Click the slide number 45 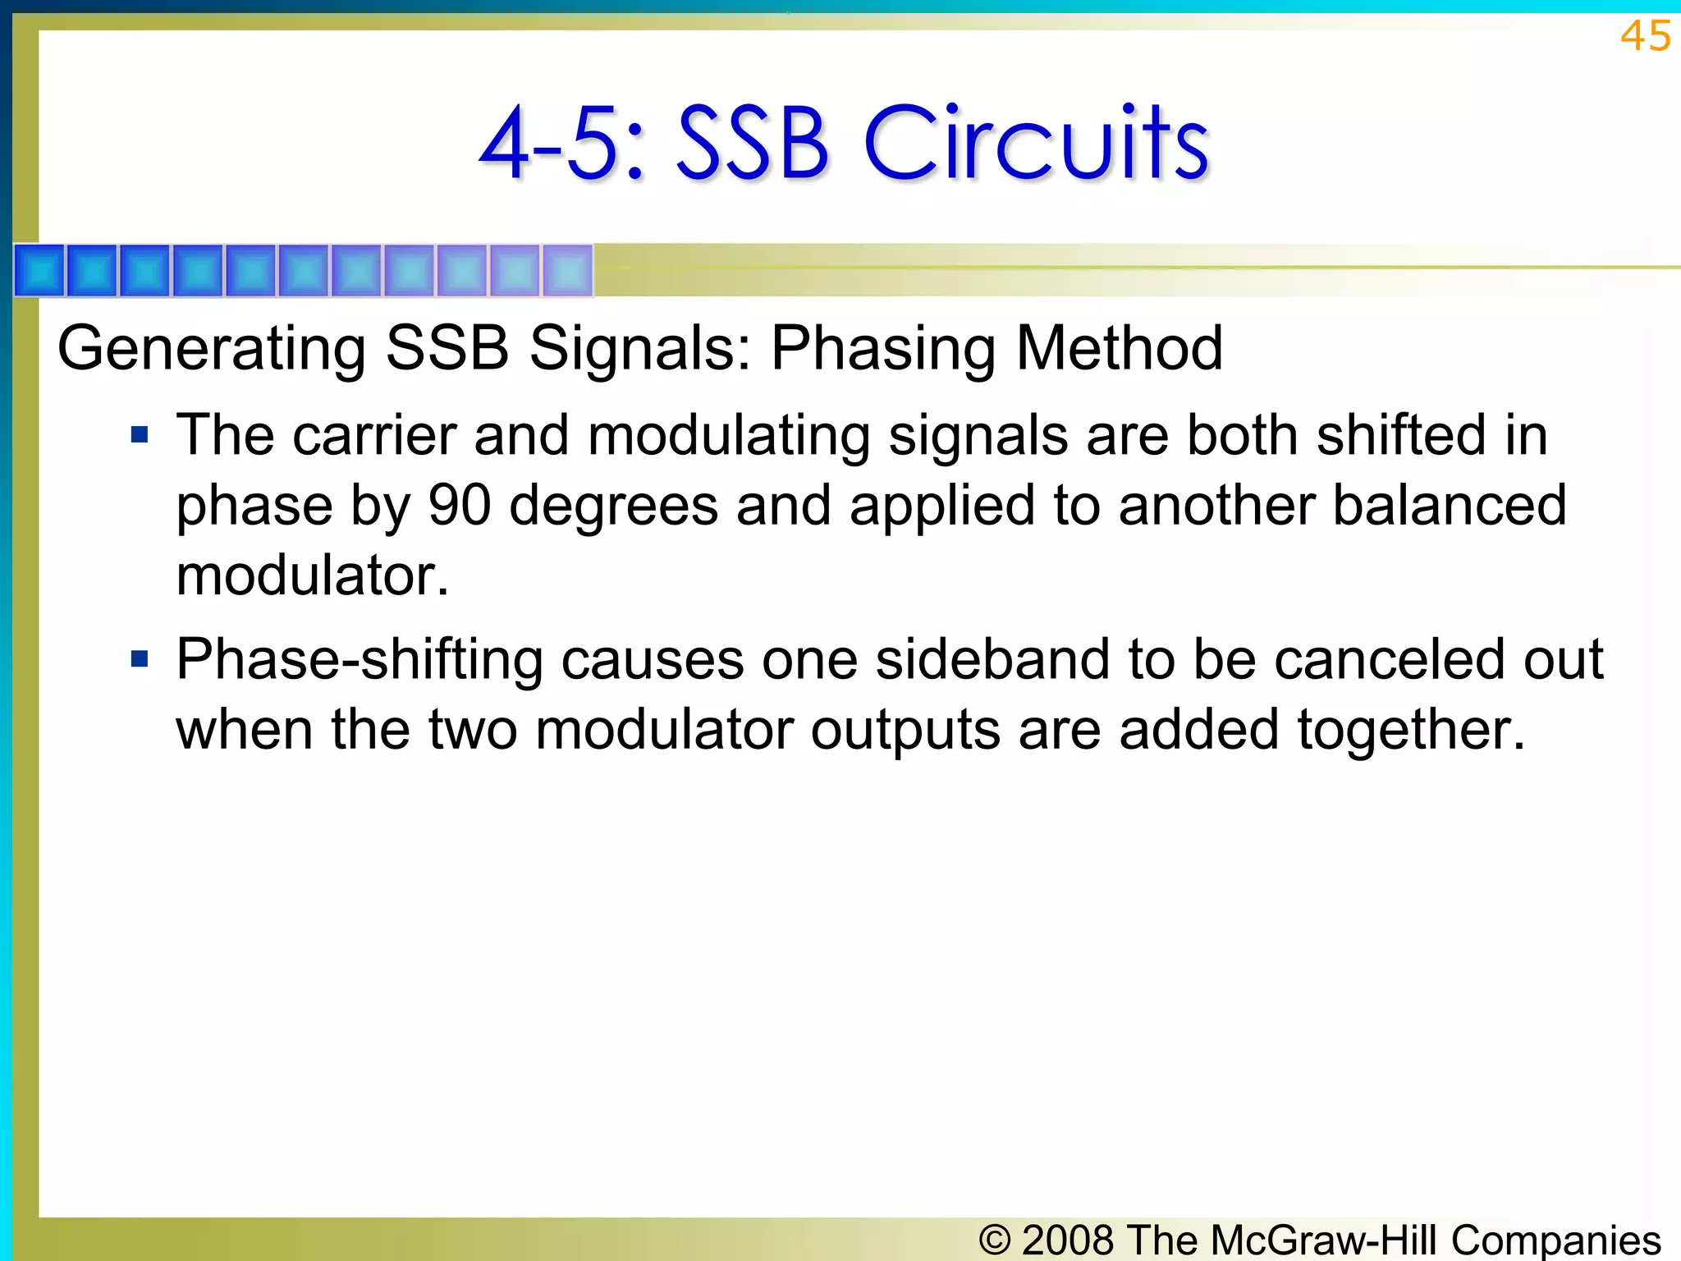(x=1645, y=36)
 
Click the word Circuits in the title (x=1036, y=144)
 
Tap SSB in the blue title (x=752, y=144)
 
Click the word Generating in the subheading (x=212, y=350)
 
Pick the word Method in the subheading (x=1120, y=348)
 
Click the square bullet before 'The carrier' (x=140, y=434)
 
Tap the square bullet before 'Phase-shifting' (x=140, y=658)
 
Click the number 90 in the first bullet (x=460, y=505)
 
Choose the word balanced (x=1450, y=505)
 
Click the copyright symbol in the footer (x=995, y=1240)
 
